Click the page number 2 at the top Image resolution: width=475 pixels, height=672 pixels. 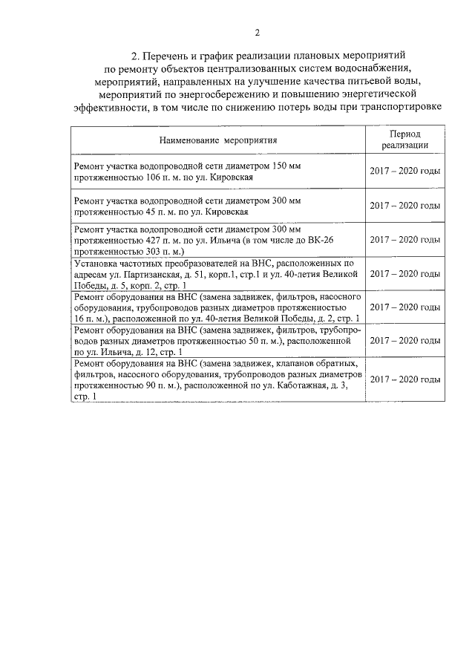coord(257,32)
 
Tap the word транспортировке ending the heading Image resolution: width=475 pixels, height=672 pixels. coord(402,106)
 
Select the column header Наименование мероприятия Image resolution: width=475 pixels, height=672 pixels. coord(217,139)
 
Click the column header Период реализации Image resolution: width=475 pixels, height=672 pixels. coord(405,139)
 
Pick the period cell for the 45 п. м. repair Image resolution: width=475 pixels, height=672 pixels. coord(405,205)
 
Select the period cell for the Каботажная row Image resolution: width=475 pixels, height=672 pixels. coord(405,379)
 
